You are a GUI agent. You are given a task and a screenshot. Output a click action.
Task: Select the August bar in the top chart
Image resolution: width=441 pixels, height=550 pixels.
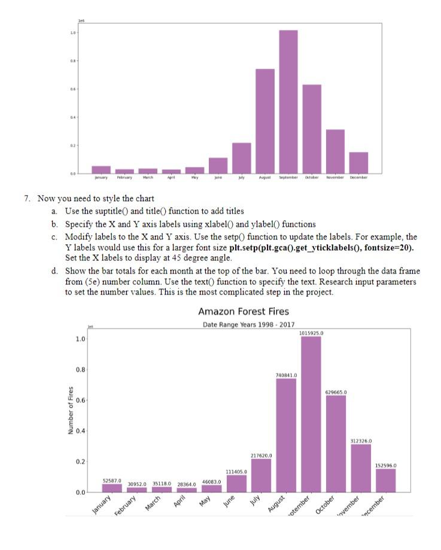tap(264, 120)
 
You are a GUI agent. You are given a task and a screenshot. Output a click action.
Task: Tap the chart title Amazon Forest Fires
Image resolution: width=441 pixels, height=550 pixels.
tap(243, 312)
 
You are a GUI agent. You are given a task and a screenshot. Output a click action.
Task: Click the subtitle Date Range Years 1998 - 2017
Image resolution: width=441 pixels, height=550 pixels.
tap(243, 325)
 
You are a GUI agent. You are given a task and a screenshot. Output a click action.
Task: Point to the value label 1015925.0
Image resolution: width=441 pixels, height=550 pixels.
tap(311, 333)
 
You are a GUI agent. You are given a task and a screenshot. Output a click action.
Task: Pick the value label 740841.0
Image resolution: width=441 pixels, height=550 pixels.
tap(286, 375)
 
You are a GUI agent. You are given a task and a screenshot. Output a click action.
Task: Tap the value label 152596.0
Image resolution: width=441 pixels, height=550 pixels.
tap(386, 464)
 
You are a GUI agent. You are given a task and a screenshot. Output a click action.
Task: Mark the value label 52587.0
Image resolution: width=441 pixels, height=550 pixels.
tap(112, 480)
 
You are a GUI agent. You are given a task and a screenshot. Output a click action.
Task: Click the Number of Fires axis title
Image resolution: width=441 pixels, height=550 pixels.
tap(71, 412)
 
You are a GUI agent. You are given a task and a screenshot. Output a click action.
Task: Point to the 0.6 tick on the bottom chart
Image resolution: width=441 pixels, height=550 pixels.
tap(80, 400)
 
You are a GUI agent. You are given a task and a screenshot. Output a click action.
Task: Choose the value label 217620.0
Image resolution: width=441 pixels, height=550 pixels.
tap(261, 455)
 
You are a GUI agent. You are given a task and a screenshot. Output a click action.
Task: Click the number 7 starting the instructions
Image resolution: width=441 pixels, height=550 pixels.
tap(39, 198)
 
